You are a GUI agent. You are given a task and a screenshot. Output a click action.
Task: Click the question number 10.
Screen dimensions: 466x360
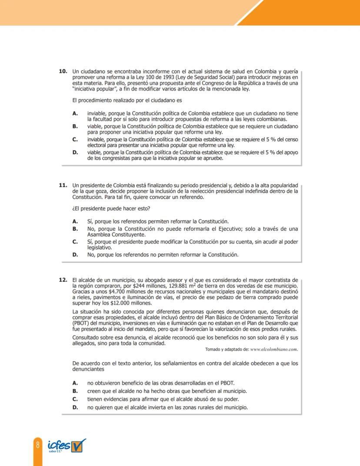coord(63,71)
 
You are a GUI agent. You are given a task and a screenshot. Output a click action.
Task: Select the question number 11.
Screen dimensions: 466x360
coord(63,185)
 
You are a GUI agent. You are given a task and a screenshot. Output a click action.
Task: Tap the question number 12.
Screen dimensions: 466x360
coord(63,280)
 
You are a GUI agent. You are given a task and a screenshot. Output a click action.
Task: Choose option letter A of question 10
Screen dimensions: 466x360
coord(75,113)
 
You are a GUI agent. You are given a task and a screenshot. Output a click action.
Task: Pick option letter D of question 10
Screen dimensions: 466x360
coord(75,153)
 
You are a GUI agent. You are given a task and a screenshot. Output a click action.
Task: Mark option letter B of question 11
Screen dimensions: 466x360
coord(75,228)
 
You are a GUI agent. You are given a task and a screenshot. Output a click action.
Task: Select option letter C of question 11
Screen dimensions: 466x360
coord(75,241)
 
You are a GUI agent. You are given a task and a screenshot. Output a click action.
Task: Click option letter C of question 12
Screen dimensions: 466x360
coord(75,399)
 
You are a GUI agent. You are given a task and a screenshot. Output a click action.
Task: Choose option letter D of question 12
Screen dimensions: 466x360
coord(75,407)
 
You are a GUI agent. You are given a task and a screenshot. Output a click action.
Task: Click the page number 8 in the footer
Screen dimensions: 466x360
coord(38,445)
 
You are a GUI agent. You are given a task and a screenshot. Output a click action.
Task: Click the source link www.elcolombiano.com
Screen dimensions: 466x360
coord(274,349)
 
